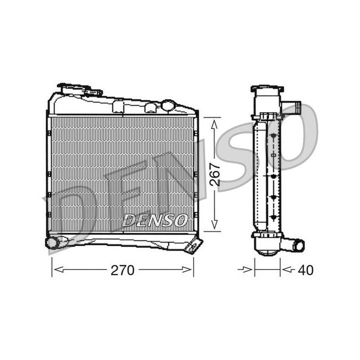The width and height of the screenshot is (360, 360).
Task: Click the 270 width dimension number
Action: (122, 270)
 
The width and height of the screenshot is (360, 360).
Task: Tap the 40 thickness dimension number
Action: (305, 270)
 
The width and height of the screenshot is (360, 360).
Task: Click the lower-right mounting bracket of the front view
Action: (194, 245)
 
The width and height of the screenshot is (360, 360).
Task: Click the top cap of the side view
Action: (267, 89)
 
